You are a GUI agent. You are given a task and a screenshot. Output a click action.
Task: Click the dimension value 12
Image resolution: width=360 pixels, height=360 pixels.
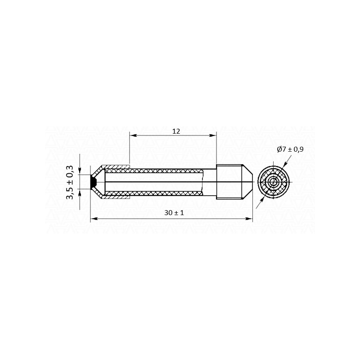pyautogui.click(x=176, y=131)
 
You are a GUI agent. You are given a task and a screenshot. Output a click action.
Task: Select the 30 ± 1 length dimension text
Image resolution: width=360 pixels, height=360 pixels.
pyautogui.click(x=174, y=213)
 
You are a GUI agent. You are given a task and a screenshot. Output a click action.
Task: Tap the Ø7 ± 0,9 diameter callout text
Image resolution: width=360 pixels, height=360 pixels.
pyautogui.click(x=290, y=149)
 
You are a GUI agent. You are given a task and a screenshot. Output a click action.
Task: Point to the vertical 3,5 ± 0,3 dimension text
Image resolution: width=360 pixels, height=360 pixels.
pyautogui.click(x=70, y=182)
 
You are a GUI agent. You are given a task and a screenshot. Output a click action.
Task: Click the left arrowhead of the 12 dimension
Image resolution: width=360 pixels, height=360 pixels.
pyautogui.click(x=133, y=135)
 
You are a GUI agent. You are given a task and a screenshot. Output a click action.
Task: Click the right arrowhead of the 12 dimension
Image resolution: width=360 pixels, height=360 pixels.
pyautogui.click(x=213, y=135)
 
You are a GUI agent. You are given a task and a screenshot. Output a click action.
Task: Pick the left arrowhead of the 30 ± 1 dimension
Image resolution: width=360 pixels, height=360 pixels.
pyautogui.click(x=94, y=219)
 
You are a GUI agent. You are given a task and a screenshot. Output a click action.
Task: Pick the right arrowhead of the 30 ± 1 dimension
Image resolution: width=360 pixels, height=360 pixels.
pyautogui.click(x=249, y=219)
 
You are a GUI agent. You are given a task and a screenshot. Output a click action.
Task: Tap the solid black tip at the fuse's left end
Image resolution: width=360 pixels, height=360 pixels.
pyautogui.click(x=93, y=182)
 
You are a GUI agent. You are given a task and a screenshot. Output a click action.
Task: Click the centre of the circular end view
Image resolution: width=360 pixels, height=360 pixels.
pyautogui.click(x=273, y=182)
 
